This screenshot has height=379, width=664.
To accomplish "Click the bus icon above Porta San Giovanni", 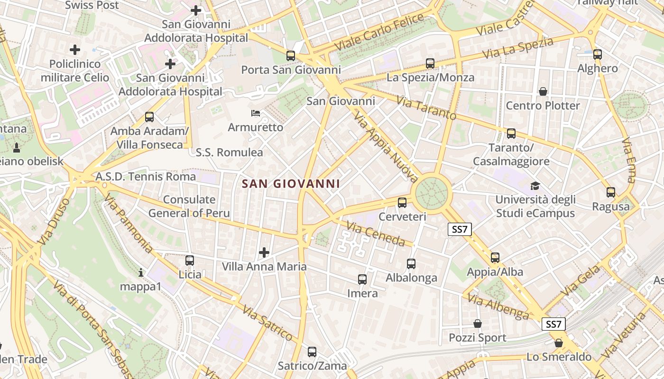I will (291, 56).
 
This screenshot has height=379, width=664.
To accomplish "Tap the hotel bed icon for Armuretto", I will (256, 113).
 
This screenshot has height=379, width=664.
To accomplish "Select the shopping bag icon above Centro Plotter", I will (543, 91).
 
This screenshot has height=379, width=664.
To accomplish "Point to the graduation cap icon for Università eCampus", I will (535, 186).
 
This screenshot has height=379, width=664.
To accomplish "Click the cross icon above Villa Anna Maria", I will (264, 253).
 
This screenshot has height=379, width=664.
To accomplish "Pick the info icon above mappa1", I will (140, 272).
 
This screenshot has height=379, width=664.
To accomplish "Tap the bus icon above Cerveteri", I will (402, 203).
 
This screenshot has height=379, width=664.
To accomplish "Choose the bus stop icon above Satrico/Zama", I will (312, 352).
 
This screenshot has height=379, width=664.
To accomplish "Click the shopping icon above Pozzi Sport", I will (478, 324).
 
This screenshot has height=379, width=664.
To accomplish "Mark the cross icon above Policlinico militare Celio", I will (75, 49).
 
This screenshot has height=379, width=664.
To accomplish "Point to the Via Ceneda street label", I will (376, 234).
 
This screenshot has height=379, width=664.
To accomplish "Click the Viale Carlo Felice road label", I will (379, 32).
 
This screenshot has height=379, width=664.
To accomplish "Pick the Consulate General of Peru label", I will (189, 206).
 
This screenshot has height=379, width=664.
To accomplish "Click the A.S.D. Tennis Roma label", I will (146, 177).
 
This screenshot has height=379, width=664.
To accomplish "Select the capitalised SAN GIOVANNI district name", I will (291, 184).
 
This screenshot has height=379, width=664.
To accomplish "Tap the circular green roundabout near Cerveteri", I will (431, 192).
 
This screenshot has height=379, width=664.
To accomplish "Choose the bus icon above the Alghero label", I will (598, 54).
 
